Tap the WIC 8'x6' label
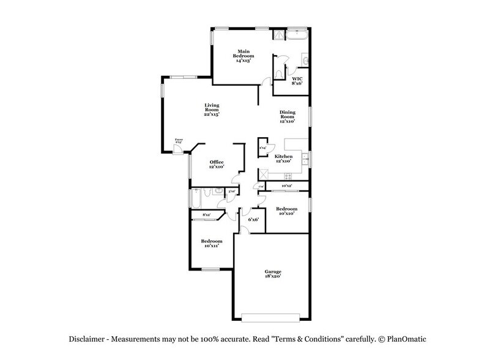(x=297, y=81)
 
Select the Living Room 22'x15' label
(x=212, y=110)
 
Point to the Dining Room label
(x=288, y=116)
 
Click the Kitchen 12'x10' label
(x=283, y=159)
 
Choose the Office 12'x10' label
(x=216, y=163)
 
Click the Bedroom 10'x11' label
(x=212, y=244)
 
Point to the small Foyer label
(x=179, y=141)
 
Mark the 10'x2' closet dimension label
(x=286, y=186)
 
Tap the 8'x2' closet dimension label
(x=206, y=215)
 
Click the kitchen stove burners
(x=264, y=173)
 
